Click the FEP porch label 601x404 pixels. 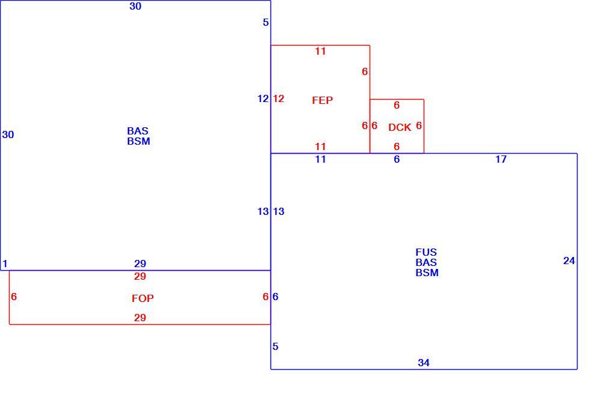pyautogui.click(x=322, y=100)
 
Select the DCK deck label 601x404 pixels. pyautogui.click(x=400, y=127)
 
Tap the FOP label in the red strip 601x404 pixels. pyautogui.click(x=142, y=298)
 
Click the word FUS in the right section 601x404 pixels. pyautogui.click(x=426, y=252)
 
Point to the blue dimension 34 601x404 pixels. pyautogui.click(x=424, y=363)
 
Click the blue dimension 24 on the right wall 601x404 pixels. pyautogui.click(x=569, y=261)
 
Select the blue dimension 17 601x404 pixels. pyautogui.click(x=501, y=159)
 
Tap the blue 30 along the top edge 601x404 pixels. pyautogui.click(x=135, y=6)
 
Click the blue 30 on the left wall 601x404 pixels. pyautogui.click(x=8, y=134)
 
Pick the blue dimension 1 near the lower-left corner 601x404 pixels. pyautogui.click(x=5, y=264)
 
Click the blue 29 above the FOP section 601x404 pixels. pyautogui.click(x=140, y=264)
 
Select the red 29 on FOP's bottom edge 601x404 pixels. pyautogui.click(x=140, y=318)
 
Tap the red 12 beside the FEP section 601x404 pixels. pyautogui.click(x=279, y=99)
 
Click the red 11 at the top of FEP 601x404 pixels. pyautogui.click(x=320, y=51)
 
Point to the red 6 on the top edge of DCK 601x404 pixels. pyautogui.click(x=397, y=105)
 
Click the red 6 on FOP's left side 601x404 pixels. pyautogui.click(x=14, y=297)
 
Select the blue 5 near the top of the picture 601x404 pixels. pyautogui.click(x=266, y=23)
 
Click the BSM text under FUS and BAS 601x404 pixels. pyautogui.click(x=427, y=273)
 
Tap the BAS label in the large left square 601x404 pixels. pyautogui.click(x=138, y=131)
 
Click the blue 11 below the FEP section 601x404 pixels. pyautogui.click(x=320, y=159)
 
